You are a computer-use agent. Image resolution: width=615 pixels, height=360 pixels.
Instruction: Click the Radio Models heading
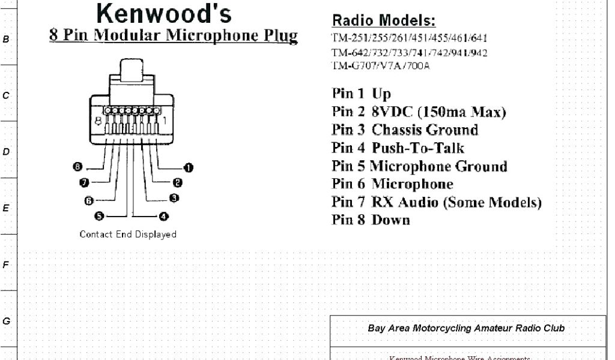pyautogui.click(x=384, y=21)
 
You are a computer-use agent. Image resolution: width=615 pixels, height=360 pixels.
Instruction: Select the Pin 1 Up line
pyautogui.click(x=361, y=94)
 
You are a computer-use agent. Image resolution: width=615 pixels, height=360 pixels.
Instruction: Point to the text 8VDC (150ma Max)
pyautogui.click(x=439, y=112)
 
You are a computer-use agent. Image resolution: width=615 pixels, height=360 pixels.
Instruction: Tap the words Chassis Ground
pyautogui.click(x=425, y=130)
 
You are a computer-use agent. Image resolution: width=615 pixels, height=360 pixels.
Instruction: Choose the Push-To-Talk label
pyautogui.click(x=418, y=148)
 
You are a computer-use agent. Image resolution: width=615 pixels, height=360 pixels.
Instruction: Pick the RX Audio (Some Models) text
pyautogui.click(x=456, y=202)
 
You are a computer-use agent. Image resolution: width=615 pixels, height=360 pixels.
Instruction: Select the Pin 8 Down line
pyautogui.click(x=371, y=220)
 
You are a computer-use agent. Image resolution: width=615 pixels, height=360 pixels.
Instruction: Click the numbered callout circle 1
pyautogui.click(x=188, y=167)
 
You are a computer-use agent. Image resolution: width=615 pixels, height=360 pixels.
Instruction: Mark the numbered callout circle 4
pyautogui.click(x=163, y=216)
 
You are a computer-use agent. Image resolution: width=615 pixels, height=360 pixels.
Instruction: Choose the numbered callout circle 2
pyautogui.click(x=178, y=182)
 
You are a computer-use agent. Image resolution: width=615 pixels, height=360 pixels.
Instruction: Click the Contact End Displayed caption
pyautogui.click(x=128, y=235)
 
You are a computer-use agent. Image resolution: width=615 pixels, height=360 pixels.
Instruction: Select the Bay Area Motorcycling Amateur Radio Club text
pyautogui.click(x=466, y=328)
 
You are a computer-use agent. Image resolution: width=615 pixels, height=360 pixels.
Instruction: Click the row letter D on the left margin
pyautogui.click(x=6, y=152)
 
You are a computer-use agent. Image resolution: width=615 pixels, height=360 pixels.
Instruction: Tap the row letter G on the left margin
pyautogui.click(x=6, y=321)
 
